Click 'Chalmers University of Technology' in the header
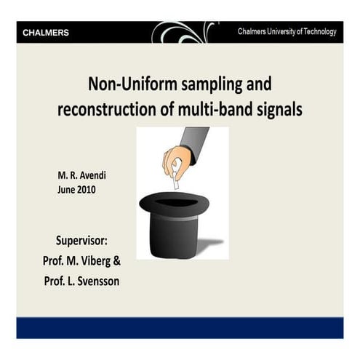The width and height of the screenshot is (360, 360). pyautogui.click(x=287, y=32)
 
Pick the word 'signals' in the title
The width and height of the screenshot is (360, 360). pyautogui.click(x=280, y=110)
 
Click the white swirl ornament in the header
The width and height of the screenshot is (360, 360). pyautogui.click(x=182, y=31)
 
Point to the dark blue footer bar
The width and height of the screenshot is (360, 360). pyautogui.click(x=180, y=327)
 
